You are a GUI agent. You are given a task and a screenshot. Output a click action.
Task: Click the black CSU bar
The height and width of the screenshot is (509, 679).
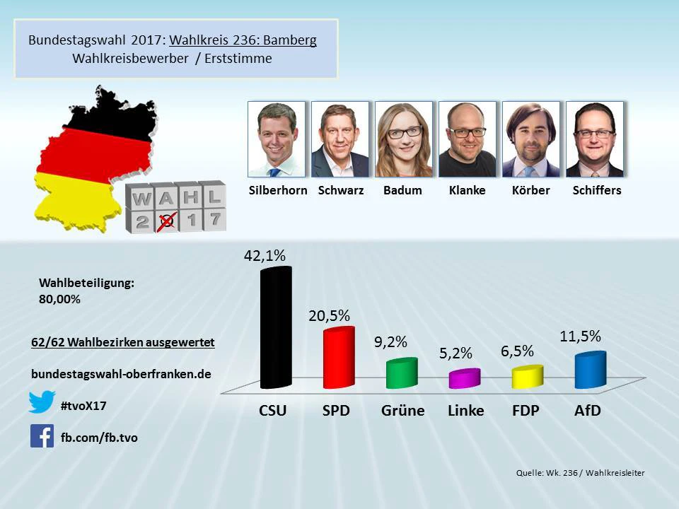click(x=275, y=329)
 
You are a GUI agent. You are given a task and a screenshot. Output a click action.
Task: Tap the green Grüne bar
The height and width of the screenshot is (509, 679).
click(x=402, y=373)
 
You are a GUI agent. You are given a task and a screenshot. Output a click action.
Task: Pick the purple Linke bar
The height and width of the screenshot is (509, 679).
click(x=465, y=378)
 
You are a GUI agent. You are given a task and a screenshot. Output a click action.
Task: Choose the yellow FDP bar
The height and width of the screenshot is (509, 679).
click(x=528, y=377)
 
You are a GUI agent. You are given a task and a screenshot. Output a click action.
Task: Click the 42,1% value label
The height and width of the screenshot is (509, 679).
click(x=265, y=256)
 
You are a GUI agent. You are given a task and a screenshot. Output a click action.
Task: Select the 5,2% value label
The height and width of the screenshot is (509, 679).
click(x=455, y=353)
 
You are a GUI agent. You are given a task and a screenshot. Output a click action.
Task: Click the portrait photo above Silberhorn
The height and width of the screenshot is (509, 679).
click(x=277, y=139)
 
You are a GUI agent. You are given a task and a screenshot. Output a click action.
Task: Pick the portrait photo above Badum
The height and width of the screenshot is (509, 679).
click(x=404, y=139)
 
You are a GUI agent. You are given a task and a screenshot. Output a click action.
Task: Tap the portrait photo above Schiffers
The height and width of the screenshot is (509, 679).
click(x=595, y=139)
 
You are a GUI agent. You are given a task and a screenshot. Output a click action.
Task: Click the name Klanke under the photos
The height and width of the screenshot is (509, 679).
click(x=467, y=190)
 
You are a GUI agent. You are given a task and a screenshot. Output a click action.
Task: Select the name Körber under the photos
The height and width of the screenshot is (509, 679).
click(x=530, y=190)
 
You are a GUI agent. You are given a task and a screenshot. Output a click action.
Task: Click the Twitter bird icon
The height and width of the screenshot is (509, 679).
click(x=42, y=402)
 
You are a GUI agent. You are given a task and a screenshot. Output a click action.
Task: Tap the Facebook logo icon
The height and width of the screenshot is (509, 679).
click(x=42, y=435)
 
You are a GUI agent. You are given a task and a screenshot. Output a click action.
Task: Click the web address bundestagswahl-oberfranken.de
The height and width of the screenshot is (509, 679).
click(x=122, y=374)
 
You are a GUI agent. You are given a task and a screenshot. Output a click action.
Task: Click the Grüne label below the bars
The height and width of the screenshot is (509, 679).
click(x=402, y=410)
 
